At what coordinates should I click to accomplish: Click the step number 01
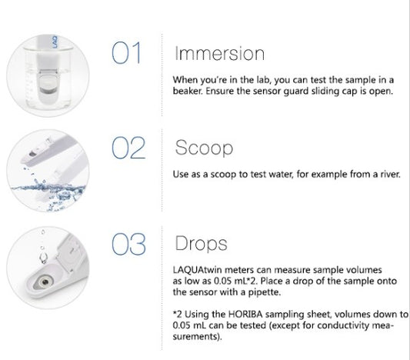[x=127, y=53]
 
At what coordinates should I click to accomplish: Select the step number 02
[x=128, y=148]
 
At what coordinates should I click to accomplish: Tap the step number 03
[x=128, y=244]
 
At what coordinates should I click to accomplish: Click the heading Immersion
[x=220, y=53]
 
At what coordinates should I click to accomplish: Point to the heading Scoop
[x=204, y=148]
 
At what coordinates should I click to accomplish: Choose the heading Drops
[x=201, y=244]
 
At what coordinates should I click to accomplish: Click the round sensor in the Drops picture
[x=45, y=282]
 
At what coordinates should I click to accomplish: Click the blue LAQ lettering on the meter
[x=55, y=42]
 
